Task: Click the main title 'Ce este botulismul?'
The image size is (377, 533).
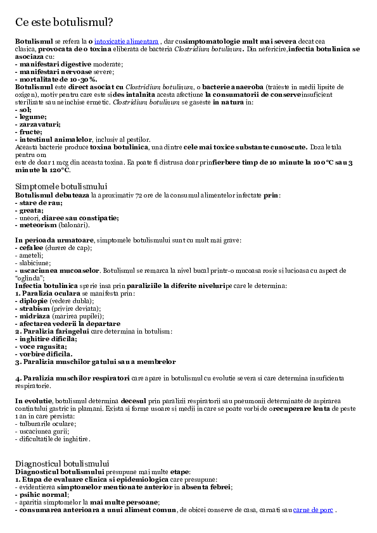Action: coord(64,22)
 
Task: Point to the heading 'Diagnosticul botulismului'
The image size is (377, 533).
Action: coord(62,463)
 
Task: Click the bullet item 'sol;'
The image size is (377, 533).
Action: coord(23,110)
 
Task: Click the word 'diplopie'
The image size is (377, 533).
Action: coord(34,301)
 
